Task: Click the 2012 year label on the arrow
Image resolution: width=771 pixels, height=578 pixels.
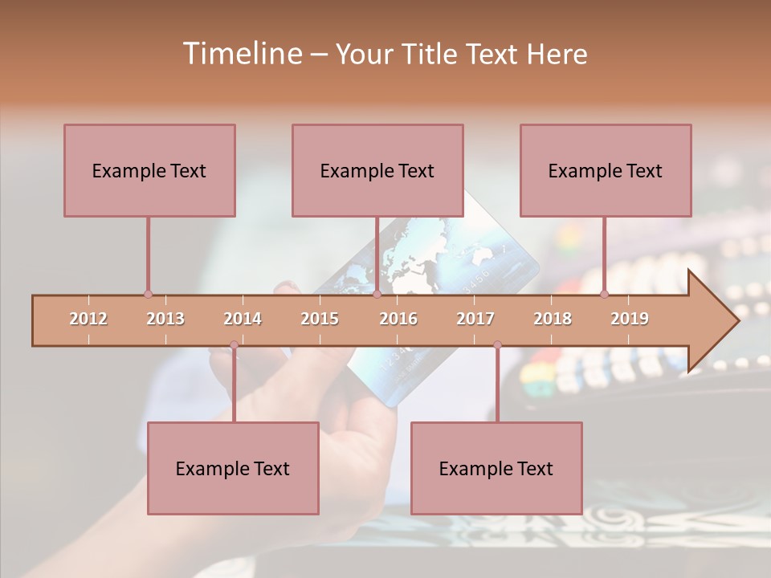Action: (x=88, y=319)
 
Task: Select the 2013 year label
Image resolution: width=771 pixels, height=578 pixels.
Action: (x=165, y=319)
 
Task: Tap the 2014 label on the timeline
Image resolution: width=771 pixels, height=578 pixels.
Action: (x=243, y=319)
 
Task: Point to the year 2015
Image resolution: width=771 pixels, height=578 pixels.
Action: (x=320, y=319)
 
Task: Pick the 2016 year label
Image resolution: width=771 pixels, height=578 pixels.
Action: (x=398, y=319)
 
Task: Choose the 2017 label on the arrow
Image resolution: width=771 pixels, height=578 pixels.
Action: (x=475, y=319)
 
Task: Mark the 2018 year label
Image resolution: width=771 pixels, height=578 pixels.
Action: (x=553, y=319)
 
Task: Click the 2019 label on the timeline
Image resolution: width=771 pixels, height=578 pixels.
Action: (x=630, y=319)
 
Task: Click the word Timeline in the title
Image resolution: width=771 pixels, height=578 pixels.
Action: (x=242, y=54)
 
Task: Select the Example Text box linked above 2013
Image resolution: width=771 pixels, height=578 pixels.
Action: (x=149, y=170)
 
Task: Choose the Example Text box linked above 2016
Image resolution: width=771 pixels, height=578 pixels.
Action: (x=377, y=170)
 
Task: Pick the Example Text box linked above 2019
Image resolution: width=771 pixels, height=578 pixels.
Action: (x=606, y=170)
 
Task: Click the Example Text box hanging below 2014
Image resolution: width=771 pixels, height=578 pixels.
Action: (x=233, y=468)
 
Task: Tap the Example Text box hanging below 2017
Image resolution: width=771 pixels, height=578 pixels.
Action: (x=496, y=468)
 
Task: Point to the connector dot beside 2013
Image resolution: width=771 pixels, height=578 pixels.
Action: (x=148, y=294)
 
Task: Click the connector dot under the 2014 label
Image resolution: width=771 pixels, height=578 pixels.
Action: (x=234, y=345)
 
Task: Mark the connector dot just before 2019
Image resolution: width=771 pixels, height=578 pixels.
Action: (x=604, y=294)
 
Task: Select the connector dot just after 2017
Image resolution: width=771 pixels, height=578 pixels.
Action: (x=497, y=345)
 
